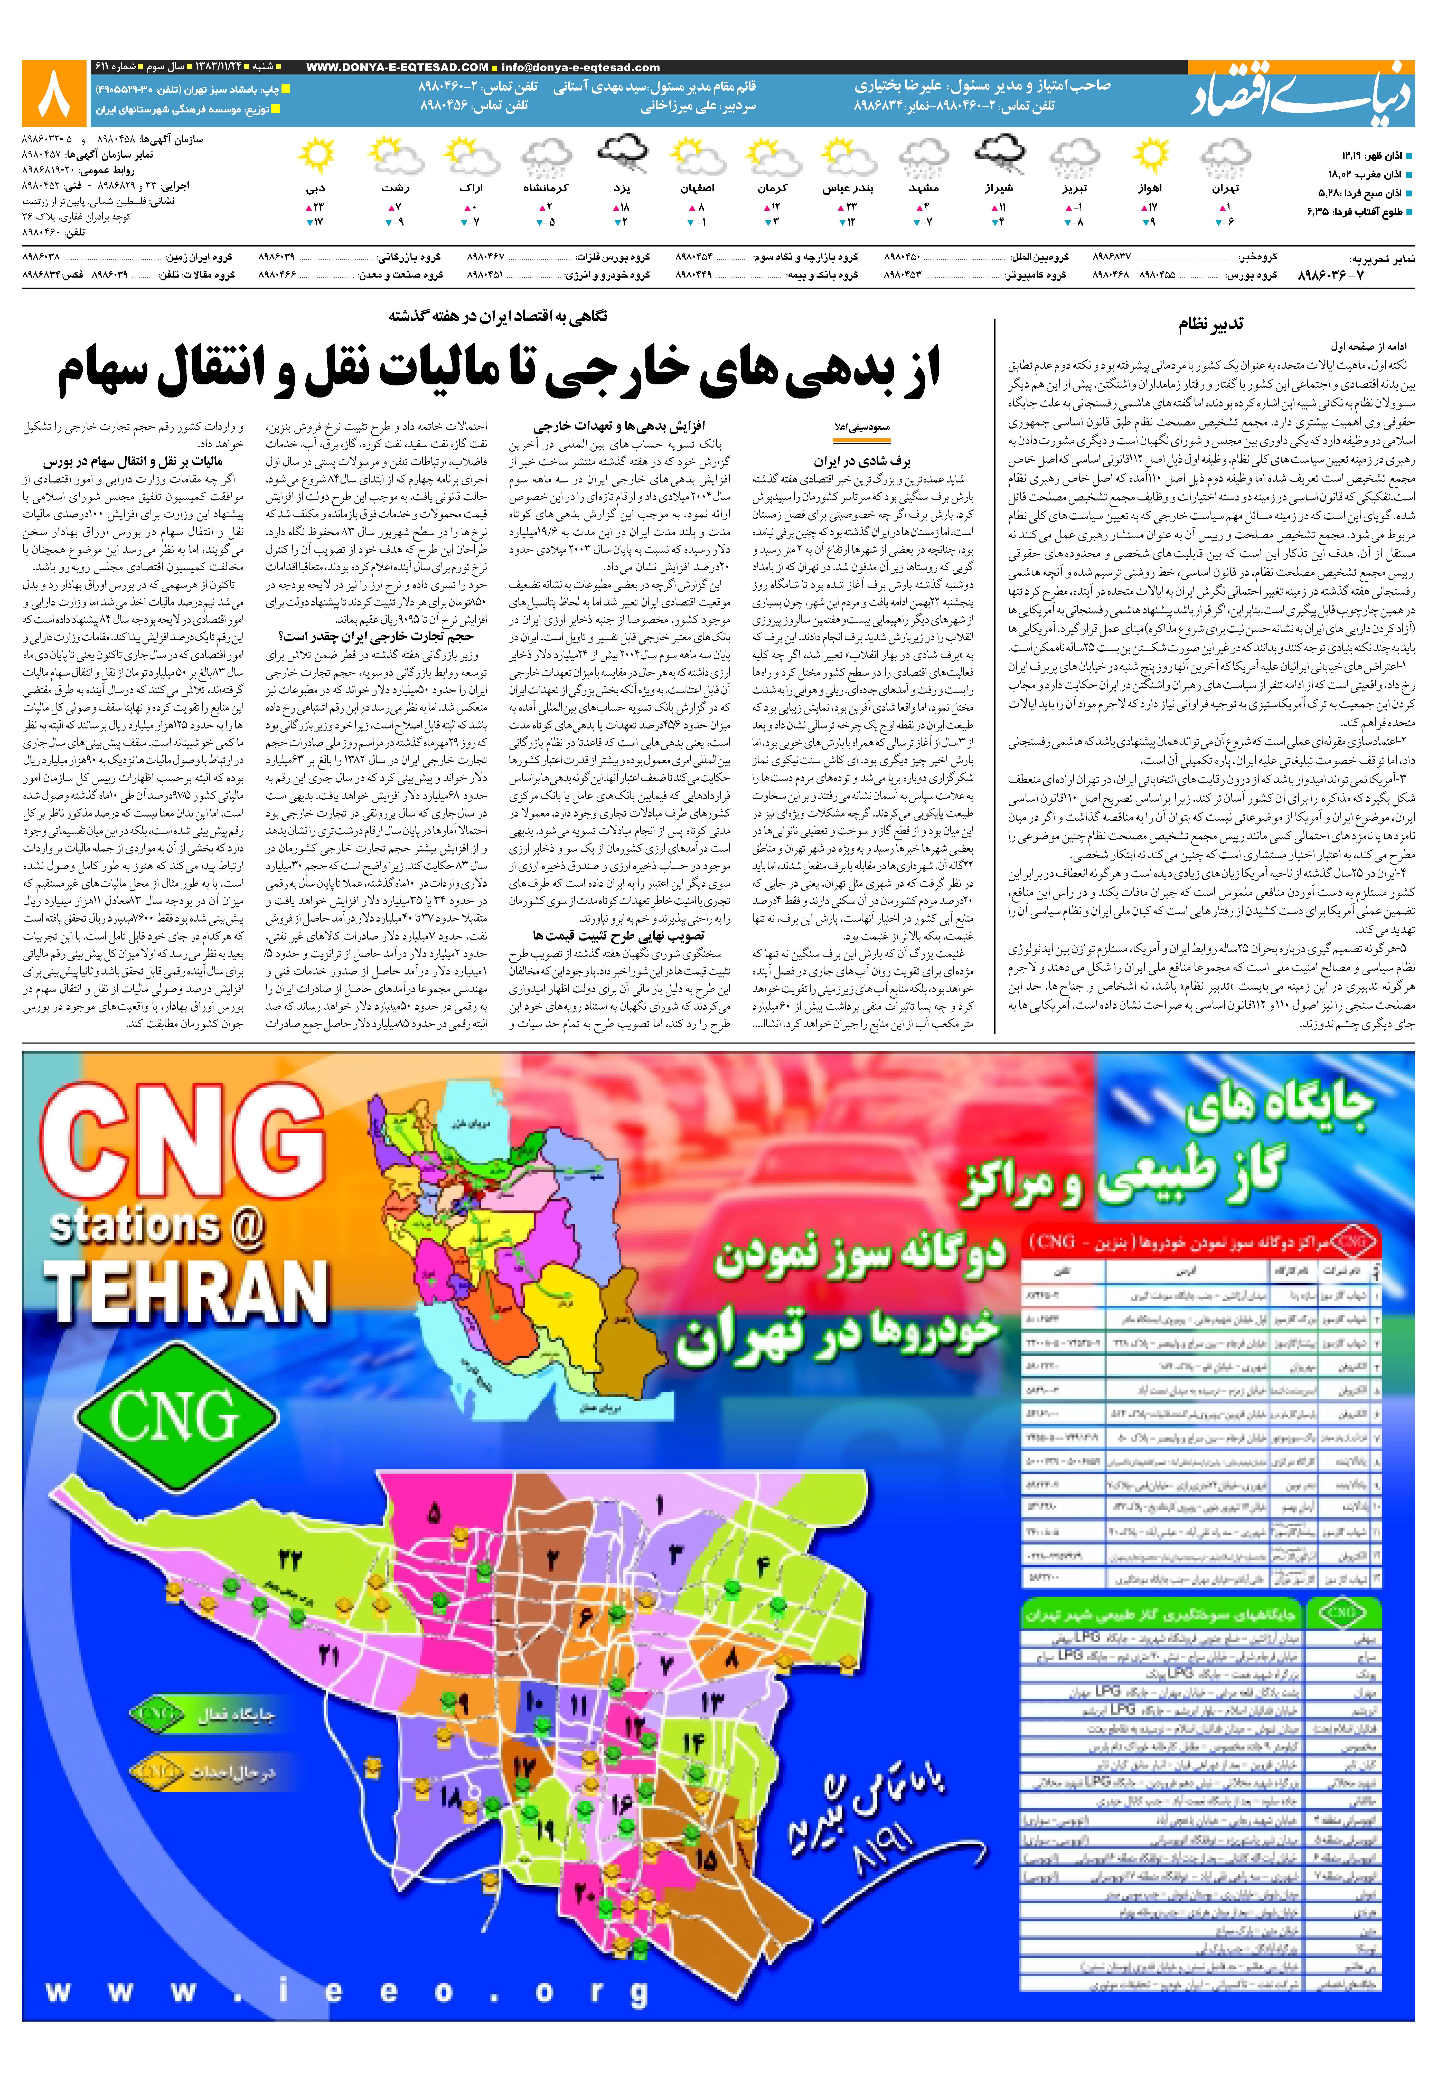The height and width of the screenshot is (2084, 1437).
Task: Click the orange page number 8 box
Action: point(54,94)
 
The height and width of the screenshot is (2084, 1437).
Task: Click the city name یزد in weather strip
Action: point(621,188)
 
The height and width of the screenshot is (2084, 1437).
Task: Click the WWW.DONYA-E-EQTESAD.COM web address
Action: point(397,68)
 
